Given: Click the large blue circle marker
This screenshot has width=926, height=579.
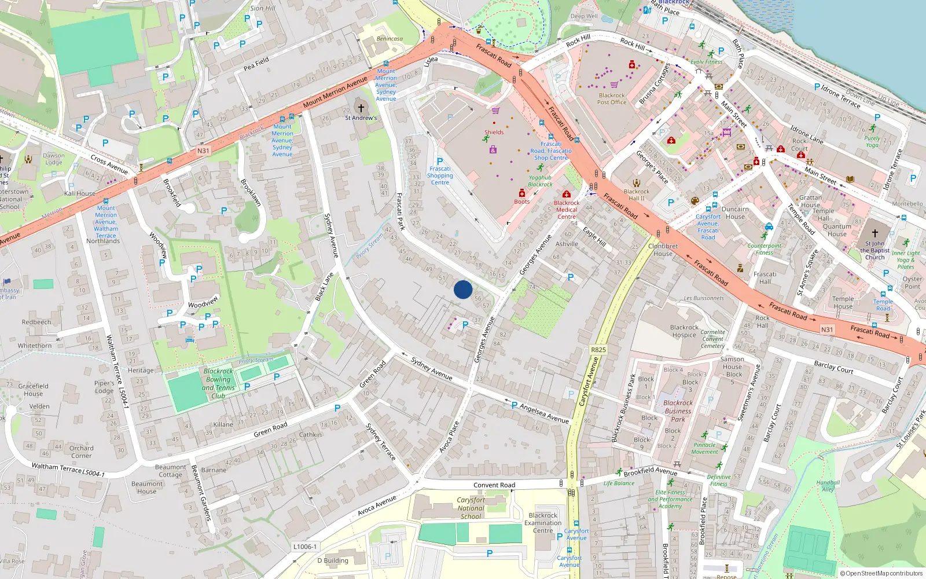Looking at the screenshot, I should [462, 289].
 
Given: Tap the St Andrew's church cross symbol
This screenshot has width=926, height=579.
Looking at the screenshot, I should [361, 108].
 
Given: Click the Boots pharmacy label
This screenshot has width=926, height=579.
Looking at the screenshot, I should [521, 201].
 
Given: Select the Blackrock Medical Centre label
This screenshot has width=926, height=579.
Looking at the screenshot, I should [566, 210].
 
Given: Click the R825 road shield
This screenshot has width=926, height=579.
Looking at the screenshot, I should [598, 350].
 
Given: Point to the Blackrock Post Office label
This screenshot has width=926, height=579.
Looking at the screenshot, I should [612, 99].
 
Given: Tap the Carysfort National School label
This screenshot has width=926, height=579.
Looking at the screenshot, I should [471, 508].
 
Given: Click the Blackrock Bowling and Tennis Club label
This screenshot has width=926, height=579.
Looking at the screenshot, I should [218, 383].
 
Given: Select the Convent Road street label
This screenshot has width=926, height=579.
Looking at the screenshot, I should [494, 485].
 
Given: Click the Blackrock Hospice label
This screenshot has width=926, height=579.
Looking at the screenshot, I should [684, 331].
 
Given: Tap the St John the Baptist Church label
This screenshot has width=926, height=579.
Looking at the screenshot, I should [874, 250].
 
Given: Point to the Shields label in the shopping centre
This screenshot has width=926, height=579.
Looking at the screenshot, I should [494, 132].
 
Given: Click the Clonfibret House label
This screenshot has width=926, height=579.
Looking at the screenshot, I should [663, 250].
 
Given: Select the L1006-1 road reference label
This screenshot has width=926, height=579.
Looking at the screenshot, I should [304, 547].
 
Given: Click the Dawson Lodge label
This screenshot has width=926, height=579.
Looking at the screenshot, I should [53, 159].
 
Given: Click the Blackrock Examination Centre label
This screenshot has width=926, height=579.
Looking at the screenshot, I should [543, 523].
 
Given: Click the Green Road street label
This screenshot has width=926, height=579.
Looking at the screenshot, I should [270, 430].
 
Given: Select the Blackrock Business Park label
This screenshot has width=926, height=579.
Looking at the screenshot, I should [678, 411].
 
